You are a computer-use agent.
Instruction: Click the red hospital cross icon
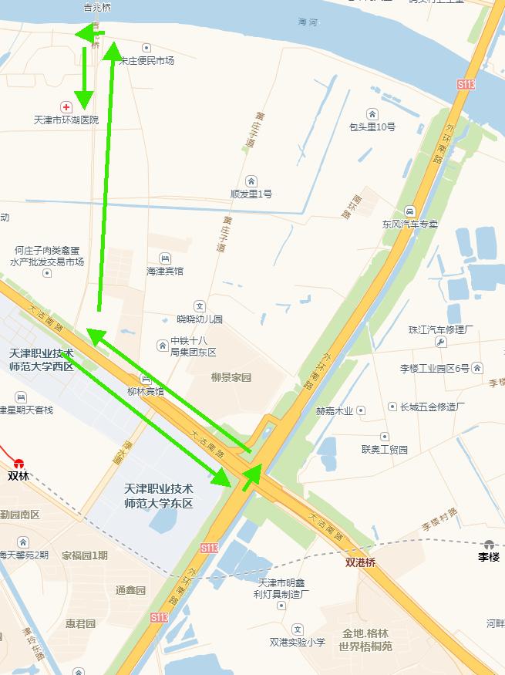coord(67,106)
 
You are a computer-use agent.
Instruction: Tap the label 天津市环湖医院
coord(67,120)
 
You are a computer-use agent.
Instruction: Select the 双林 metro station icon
coord(19,464)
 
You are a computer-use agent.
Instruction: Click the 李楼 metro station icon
coord(489,544)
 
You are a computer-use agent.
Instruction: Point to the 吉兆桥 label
coord(97,8)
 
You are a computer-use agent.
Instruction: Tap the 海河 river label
coord(308,23)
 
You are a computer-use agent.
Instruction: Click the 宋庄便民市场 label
coord(146,60)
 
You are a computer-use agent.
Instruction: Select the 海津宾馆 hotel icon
coord(165,258)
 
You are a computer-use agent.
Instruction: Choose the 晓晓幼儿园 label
coord(199,319)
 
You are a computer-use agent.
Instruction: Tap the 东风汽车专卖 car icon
coord(409,211)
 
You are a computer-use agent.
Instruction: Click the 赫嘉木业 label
coord(335,410)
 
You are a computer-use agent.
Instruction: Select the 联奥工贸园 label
coord(385,449)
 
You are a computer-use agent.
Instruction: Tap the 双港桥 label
coord(361,563)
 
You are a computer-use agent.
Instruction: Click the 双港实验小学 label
coord(298,642)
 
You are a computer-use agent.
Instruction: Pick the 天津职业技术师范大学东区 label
coord(159,496)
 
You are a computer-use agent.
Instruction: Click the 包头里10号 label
coord(372,127)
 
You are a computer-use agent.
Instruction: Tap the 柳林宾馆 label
coord(146,391)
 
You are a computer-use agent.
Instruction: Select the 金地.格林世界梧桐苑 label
coord(365,639)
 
